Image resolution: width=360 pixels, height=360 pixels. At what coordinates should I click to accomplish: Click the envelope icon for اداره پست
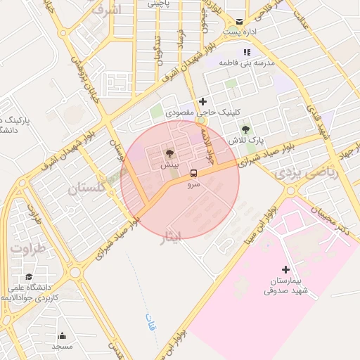(x=240, y=22)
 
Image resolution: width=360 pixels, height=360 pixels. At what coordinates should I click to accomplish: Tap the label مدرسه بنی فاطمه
(x=245, y=63)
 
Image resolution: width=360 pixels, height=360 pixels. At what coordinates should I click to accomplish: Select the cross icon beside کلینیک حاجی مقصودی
(x=203, y=102)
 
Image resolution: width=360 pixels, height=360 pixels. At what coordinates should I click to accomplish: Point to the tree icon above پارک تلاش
(x=245, y=129)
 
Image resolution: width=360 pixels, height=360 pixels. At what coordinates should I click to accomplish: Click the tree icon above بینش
(x=169, y=153)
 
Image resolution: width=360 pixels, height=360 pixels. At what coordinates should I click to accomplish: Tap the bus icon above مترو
(x=193, y=172)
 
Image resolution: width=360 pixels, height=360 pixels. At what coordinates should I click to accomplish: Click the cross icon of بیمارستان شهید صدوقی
(x=285, y=269)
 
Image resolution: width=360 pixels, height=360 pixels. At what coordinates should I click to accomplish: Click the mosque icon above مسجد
(x=62, y=336)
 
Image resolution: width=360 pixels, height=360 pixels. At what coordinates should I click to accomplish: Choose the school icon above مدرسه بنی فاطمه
(x=245, y=52)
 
